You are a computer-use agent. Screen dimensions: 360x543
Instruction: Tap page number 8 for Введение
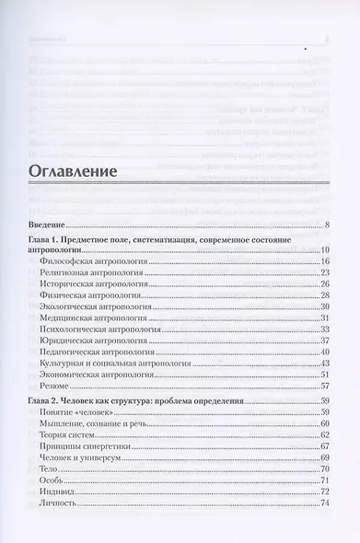point(327,225)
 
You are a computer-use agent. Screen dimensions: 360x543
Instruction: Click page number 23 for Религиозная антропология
point(325,273)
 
